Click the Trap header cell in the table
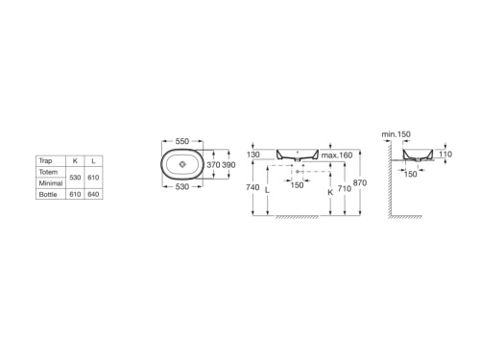46,160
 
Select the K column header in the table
75,160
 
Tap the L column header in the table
93,160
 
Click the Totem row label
48,170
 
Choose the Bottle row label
48,193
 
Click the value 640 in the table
93,193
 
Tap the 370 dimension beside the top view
215,165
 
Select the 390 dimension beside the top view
229,165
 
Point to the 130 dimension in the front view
253,155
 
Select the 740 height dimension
252,189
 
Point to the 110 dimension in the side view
445,155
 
